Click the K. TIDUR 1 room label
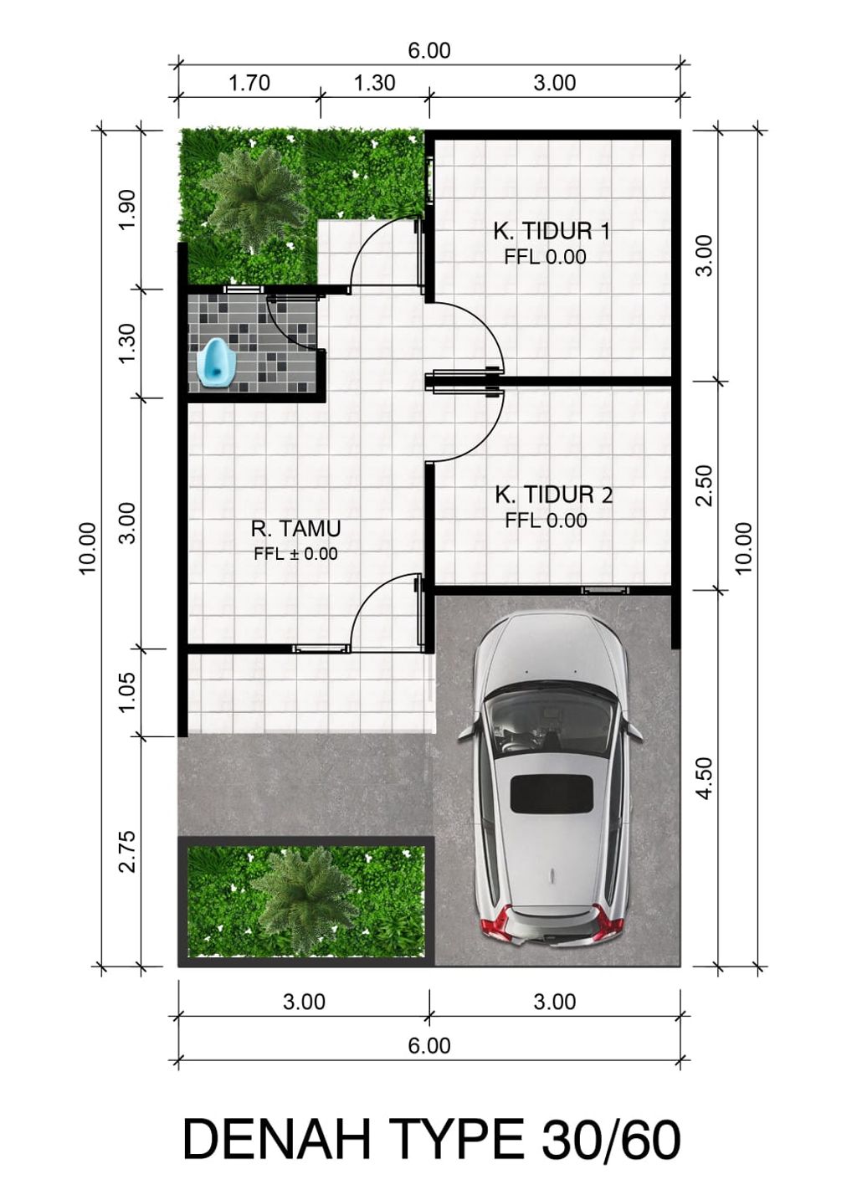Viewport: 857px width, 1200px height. pos(552,232)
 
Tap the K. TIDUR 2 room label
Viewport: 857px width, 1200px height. pos(553,495)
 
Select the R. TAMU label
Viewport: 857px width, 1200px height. pos(295,529)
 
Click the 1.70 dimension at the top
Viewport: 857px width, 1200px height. pos(249,83)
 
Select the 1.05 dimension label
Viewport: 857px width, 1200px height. pos(129,692)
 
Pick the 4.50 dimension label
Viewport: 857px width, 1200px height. pos(707,778)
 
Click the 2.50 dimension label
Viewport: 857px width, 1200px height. pos(707,485)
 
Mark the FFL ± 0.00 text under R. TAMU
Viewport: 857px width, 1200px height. pos(295,554)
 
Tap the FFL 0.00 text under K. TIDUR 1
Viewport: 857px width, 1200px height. pos(546,257)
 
